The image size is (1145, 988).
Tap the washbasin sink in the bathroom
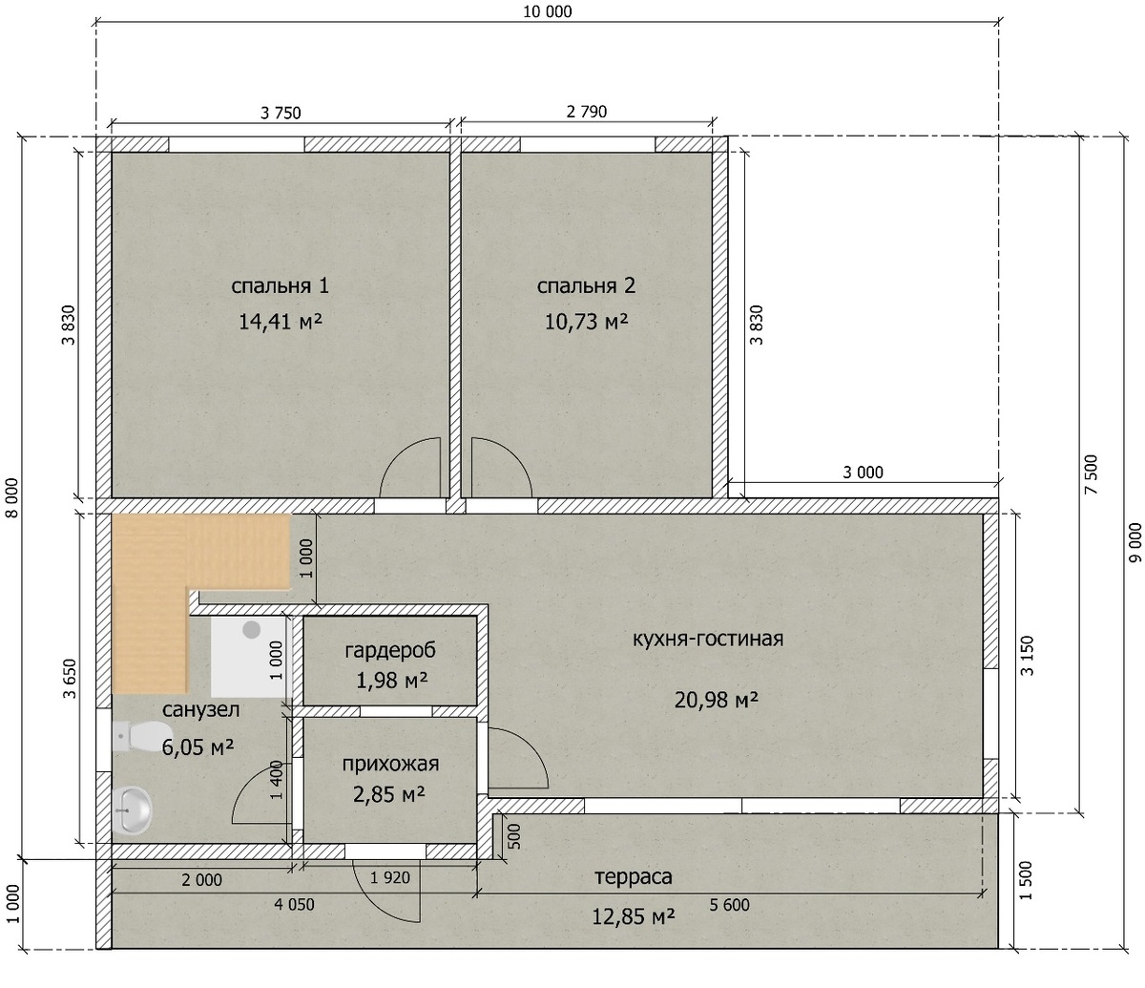pos(132,810)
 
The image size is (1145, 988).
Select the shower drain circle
pos(252,629)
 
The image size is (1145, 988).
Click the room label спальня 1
pos(280,286)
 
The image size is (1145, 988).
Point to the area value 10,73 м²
pos(587,321)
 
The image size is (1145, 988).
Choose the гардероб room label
pos(390,649)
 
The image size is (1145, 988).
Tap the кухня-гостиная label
pos(708,639)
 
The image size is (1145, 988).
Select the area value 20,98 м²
pos(716,701)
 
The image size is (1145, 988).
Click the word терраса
pos(634,876)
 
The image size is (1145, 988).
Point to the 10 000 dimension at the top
pos(548,11)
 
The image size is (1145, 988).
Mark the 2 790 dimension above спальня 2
pos(587,112)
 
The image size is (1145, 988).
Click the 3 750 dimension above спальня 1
pos(281,113)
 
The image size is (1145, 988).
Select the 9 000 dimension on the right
pos(1135,542)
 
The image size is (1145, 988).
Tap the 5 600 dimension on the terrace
pos(730,905)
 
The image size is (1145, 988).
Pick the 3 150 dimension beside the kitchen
pos(1027,656)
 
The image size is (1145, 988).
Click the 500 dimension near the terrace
pos(514,837)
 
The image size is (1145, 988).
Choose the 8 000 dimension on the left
pos(12,497)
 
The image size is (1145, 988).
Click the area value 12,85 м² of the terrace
pos(634,916)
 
